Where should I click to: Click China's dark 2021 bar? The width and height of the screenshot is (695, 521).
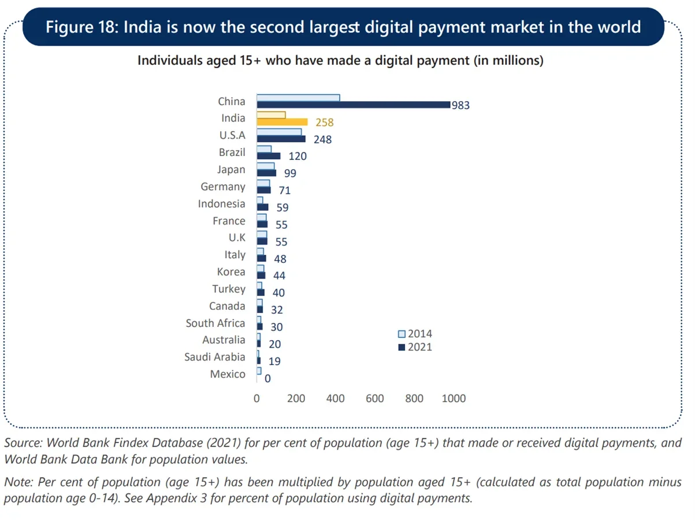[x=353, y=105]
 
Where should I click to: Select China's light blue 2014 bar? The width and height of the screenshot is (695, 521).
[x=298, y=98]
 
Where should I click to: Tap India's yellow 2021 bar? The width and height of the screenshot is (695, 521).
[x=282, y=122]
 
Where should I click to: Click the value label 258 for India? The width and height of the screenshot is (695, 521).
[x=325, y=122]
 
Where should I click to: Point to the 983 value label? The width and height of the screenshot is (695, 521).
[x=460, y=106]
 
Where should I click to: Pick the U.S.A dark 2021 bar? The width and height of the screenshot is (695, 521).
[x=281, y=139]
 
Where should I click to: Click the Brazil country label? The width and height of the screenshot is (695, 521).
[x=232, y=152]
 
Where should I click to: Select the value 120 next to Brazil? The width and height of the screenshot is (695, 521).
[x=298, y=157]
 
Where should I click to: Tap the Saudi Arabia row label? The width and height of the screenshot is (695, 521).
[x=214, y=357]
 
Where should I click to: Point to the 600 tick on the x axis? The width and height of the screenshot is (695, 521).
[x=375, y=399]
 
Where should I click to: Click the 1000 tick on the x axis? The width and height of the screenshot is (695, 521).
[x=453, y=399]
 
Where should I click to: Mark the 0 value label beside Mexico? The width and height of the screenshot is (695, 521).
[x=267, y=379]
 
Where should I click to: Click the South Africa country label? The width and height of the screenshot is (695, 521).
[x=215, y=323]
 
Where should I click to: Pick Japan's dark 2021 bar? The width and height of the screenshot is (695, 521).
[x=266, y=173]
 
